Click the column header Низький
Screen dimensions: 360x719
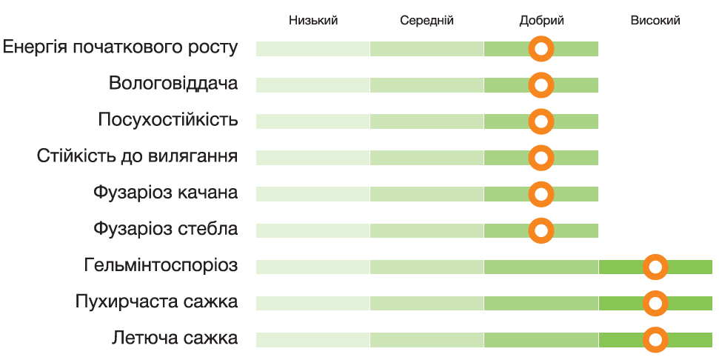coord(313,21)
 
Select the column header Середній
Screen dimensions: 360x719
coord(427,21)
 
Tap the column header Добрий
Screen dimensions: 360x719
coord(541,21)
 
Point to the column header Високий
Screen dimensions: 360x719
coord(655,21)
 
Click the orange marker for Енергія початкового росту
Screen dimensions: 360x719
coord(541,50)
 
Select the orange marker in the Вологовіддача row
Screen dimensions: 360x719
coord(541,85)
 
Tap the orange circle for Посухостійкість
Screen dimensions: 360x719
coord(541,121)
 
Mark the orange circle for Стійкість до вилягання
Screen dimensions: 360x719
coord(541,158)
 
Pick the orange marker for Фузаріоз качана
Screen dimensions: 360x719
coord(541,194)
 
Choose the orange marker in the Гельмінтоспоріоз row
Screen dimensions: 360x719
coord(655,267)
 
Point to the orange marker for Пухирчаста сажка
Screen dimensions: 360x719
coord(655,303)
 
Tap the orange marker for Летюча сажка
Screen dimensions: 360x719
coord(655,340)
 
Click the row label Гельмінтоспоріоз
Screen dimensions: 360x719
coord(161,265)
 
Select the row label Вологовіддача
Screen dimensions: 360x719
coord(173,83)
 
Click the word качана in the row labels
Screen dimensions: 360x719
coord(208,193)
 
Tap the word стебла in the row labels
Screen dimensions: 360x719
coord(209,229)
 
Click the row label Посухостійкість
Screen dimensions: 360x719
coord(168,120)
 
